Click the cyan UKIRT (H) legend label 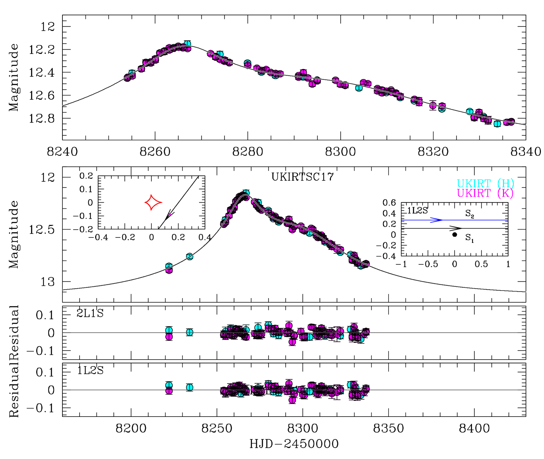tap(485, 183)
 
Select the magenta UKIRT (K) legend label tap(485, 193)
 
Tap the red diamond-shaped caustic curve tap(153, 203)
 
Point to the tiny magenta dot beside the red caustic tap(170, 214)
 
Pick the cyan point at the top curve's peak tap(188, 44)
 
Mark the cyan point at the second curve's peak tap(246, 193)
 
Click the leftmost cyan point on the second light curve tap(169, 266)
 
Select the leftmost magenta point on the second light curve tap(169, 270)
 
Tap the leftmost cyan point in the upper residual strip tap(169, 330)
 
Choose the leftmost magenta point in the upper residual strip tap(169, 337)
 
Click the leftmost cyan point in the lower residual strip tap(169, 385)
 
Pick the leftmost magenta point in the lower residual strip tap(169, 391)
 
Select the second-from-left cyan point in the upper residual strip tap(190, 332)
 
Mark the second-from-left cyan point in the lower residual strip tap(190, 388)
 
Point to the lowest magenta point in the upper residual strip tap(292, 342)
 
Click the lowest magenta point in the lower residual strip tap(292, 400)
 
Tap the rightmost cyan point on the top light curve tap(497, 124)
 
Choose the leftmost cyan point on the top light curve tap(132, 73)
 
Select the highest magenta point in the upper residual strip tap(289, 325)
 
